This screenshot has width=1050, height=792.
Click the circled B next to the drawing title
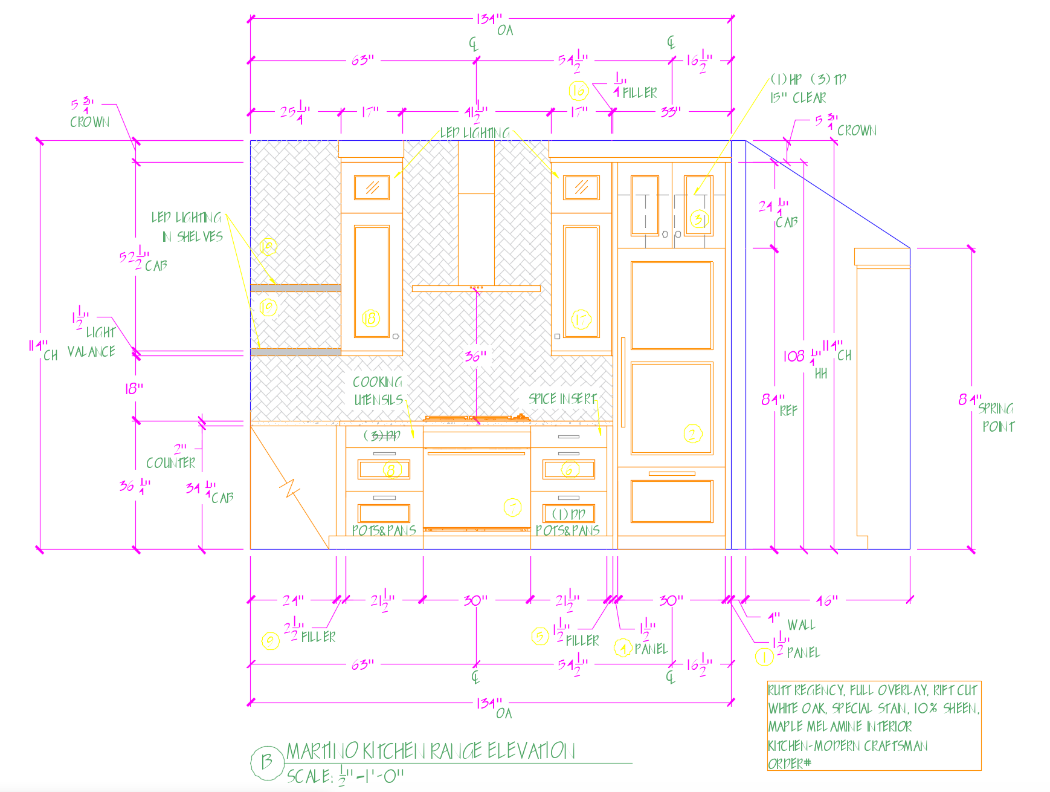coord(266,762)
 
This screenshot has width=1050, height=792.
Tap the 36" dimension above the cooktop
coord(475,356)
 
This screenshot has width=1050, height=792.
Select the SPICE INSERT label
coord(562,398)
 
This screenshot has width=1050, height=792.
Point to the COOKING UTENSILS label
coord(378,391)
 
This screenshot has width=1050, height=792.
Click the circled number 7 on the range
coord(512,508)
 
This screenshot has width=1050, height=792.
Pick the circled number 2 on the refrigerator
coord(692,433)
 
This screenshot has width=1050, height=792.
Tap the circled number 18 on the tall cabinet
coord(371,318)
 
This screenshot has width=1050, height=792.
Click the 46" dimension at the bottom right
coord(827,600)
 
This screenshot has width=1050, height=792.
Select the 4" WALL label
coord(791,622)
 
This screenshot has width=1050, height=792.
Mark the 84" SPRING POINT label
coord(986,411)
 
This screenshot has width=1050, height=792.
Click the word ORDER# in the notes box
coord(789,764)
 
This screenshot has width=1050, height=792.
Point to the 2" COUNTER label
coord(171,456)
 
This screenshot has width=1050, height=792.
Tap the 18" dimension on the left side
coord(134,388)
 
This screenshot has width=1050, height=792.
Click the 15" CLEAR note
coord(797,98)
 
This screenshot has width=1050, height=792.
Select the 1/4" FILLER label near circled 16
coord(634,87)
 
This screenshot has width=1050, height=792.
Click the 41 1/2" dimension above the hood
coord(476,112)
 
